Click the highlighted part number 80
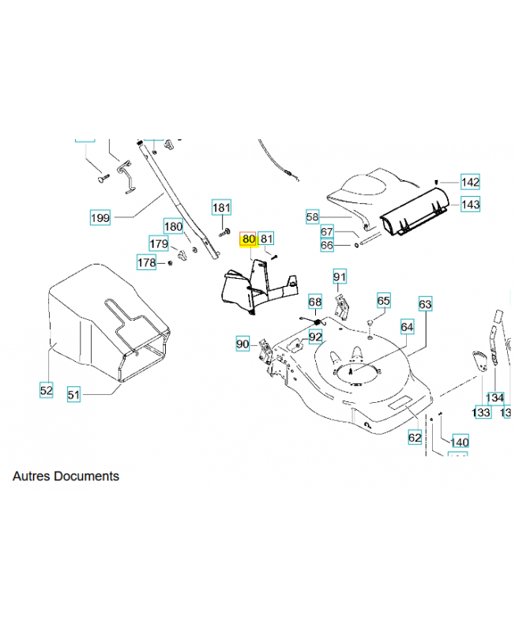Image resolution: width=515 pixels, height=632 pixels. pyautogui.click(x=249, y=239)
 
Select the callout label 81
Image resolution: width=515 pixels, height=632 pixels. pyautogui.click(x=266, y=239)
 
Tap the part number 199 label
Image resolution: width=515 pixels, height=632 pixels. pyautogui.click(x=100, y=218)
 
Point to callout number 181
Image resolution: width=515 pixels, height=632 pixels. pyautogui.click(x=222, y=208)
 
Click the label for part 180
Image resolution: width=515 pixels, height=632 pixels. pyautogui.click(x=173, y=225)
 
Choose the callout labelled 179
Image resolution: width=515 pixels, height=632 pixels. pyautogui.click(x=159, y=243)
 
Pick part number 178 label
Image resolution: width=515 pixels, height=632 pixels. pyautogui.click(x=147, y=262)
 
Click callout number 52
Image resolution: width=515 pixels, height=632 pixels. pyautogui.click(x=46, y=389)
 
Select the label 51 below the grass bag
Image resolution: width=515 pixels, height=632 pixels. pyautogui.click(x=73, y=394)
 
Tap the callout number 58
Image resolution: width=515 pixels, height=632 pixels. pyautogui.click(x=312, y=216)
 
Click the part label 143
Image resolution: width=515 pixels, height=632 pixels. pyautogui.click(x=471, y=204)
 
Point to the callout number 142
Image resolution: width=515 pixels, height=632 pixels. pyautogui.click(x=471, y=182)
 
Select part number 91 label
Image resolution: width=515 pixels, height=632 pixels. pyautogui.click(x=340, y=276)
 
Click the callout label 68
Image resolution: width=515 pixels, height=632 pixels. pyautogui.click(x=315, y=302)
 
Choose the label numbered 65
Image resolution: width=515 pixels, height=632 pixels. pyautogui.click(x=384, y=301)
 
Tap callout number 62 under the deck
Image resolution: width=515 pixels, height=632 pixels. pyautogui.click(x=415, y=437)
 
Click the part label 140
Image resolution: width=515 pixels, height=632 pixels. pyautogui.click(x=460, y=442)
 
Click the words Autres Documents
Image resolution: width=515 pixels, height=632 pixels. pyautogui.click(x=66, y=476)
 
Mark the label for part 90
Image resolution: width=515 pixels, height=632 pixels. pyautogui.click(x=242, y=344)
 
